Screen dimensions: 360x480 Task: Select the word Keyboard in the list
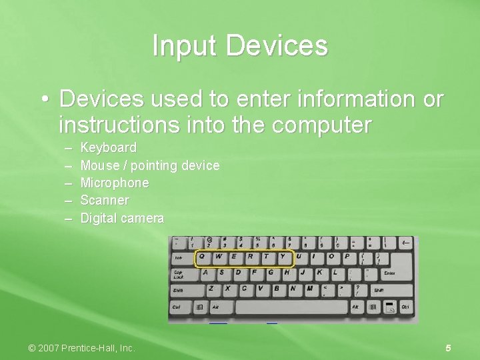(109, 147)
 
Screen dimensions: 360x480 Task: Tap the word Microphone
(115, 183)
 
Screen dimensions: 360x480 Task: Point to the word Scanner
(105, 200)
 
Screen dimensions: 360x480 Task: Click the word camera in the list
(142, 218)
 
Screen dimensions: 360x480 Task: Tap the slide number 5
(449, 348)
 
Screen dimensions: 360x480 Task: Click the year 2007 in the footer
(50, 348)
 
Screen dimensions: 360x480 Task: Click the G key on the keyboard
(270, 272)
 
